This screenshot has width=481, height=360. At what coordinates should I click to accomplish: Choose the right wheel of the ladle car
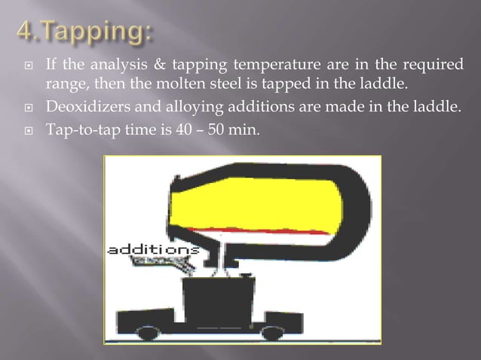click(x=274, y=332)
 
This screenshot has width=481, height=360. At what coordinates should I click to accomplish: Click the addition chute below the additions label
click(x=162, y=263)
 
